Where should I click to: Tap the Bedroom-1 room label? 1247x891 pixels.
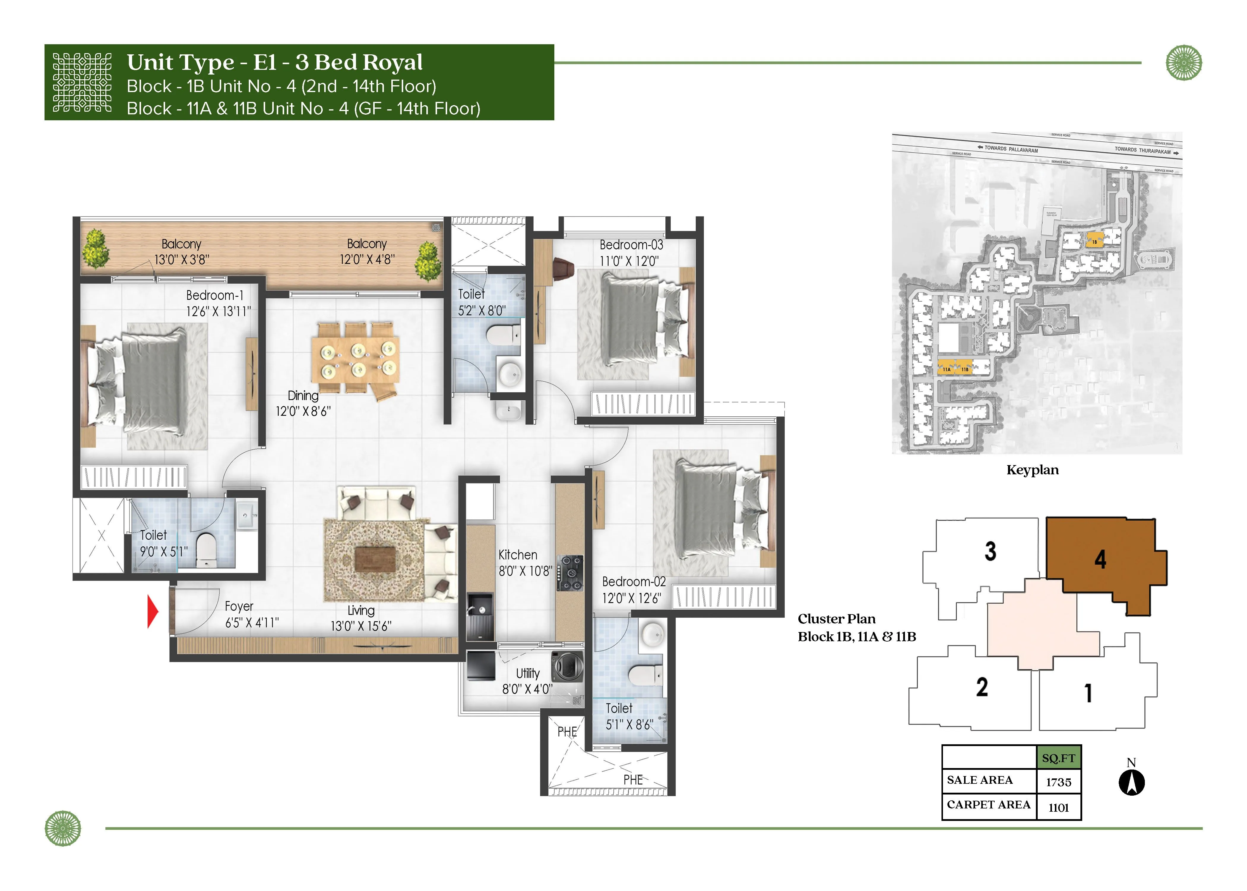coord(214,295)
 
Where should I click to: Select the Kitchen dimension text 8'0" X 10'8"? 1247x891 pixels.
coord(525,571)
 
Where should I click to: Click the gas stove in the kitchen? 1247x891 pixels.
coord(570,573)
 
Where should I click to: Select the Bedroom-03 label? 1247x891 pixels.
coord(631,245)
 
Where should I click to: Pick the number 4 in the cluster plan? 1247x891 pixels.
coord(1100,559)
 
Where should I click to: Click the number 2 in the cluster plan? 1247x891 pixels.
coord(982,687)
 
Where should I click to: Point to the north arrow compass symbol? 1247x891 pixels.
coord(1131,782)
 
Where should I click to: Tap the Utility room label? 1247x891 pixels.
coord(528,673)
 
